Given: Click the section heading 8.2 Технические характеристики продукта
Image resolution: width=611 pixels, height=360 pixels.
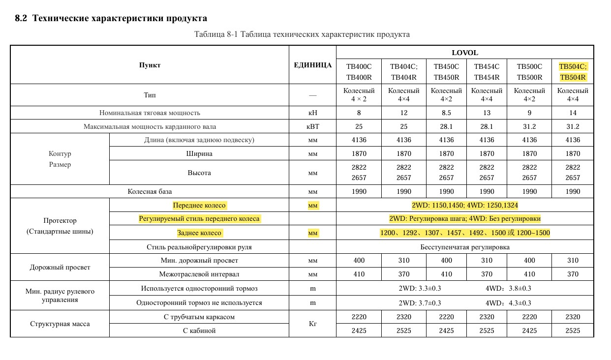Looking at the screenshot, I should click(111, 19).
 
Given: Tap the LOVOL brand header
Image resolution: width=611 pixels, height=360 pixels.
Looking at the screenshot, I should click(464, 53).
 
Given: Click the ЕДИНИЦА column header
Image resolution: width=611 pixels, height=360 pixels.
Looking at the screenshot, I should click(312, 65).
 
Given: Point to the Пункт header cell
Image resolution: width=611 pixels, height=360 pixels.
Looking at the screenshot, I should click(150, 65).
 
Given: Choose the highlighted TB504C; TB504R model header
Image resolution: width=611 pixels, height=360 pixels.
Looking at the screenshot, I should click(573, 72).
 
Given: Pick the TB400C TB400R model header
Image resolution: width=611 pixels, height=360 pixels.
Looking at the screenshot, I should click(359, 72).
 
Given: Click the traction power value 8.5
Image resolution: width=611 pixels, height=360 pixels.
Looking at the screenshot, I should click(446, 113).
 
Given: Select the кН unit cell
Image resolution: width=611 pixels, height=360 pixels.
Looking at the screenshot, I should click(312, 113).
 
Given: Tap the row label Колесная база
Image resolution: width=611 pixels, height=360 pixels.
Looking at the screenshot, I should click(150, 191).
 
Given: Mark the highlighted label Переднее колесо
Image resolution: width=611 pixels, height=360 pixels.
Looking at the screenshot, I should click(199, 206).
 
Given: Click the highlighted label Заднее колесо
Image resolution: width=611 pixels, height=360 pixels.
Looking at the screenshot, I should click(199, 233).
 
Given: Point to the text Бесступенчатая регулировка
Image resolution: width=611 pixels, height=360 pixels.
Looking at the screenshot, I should click(465, 247).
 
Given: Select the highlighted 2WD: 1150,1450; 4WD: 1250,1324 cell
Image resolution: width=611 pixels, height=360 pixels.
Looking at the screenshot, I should click(465, 206).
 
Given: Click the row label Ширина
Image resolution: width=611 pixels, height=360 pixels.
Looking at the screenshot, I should click(199, 153).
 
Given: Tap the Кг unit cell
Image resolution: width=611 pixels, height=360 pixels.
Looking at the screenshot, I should click(312, 324).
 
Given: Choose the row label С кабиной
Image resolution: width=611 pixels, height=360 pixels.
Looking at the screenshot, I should click(199, 330).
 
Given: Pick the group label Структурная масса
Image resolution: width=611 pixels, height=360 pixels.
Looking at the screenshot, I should click(60, 324).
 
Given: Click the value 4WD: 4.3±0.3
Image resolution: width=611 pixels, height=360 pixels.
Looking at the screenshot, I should click(508, 303).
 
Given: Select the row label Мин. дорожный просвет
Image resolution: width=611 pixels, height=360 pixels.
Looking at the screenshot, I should click(199, 260).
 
